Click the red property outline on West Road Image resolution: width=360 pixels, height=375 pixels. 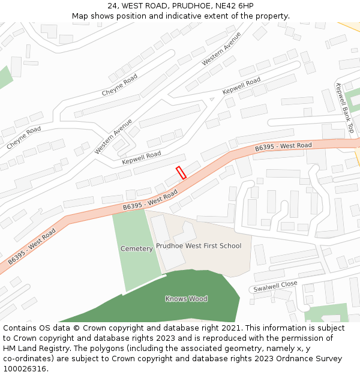[x=181, y=173]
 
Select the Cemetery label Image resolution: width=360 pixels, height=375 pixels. [x=136, y=248]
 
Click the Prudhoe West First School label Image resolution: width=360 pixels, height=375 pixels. [x=199, y=245]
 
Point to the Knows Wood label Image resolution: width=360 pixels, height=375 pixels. [x=186, y=298]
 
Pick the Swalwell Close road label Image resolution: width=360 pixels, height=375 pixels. [x=275, y=286]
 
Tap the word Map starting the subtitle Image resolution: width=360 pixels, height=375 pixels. [x=80, y=16]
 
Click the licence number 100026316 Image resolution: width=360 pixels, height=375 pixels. [x=25, y=369]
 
